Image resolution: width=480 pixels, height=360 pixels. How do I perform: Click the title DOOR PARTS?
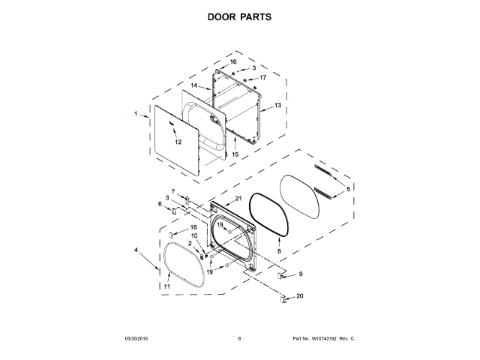(239, 16)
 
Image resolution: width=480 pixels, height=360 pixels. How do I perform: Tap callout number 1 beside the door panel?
(136, 114)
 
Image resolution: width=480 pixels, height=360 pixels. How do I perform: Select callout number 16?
(232, 61)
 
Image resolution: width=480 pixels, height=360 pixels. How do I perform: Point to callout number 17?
(262, 77)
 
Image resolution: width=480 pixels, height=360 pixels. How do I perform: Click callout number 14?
(193, 86)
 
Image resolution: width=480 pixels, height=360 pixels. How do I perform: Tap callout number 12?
(178, 142)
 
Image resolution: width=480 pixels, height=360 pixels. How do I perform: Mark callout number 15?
(234, 154)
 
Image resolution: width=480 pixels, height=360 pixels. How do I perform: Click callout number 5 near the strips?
(347, 187)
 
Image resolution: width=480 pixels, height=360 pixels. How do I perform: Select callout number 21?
(238, 198)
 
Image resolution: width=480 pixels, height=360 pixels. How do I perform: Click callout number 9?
(301, 274)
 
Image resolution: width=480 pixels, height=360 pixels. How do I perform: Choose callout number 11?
(166, 286)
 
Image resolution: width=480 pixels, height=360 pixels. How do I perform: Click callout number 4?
(136, 250)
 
